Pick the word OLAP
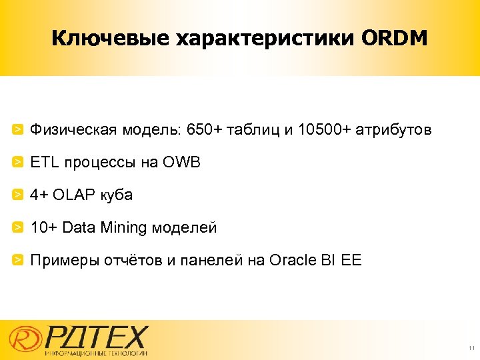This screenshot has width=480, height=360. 76,195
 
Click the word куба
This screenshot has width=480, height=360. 117,195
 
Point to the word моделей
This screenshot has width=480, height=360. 184,228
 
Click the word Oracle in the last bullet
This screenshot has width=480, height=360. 291,260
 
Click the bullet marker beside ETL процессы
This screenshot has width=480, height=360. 19,162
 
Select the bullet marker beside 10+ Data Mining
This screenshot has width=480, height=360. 19,227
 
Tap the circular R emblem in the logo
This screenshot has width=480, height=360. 23,338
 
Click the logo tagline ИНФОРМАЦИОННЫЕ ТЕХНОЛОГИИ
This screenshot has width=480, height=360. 96,353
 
